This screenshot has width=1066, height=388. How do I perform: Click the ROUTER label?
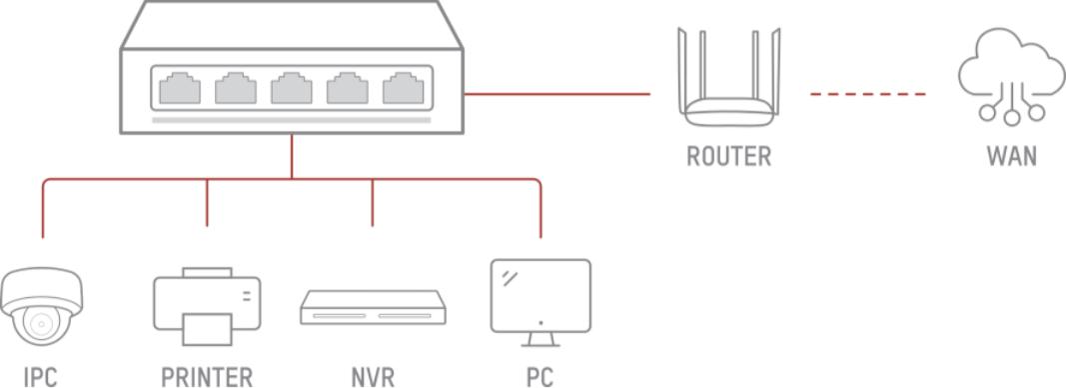(x=728, y=157)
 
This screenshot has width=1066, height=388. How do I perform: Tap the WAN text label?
(x=1012, y=157)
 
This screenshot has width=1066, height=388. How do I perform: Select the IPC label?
(x=40, y=376)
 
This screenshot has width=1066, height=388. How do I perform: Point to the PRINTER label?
(x=207, y=376)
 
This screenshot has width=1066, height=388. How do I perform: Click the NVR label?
(x=373, y=376)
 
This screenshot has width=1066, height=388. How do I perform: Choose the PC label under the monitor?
(x=540, y=376)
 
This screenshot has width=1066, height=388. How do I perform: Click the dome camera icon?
(x=42, y=307)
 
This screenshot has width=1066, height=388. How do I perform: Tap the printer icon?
(x=207, y=306)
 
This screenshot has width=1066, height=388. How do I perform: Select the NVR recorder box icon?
(x=374, y=308)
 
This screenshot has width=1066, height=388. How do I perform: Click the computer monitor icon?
(x=540, y=303)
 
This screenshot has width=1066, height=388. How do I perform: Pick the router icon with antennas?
(x=728, y=78)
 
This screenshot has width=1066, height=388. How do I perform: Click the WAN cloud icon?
(x=1012, y=76)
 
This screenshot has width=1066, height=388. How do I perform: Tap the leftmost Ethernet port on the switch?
(x=180, y=88)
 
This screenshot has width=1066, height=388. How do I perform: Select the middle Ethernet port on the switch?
(x=291, y=88)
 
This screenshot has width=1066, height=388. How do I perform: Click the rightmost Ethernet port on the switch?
(x=404, y=88)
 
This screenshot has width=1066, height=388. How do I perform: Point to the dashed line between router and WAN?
(x=868, y=94)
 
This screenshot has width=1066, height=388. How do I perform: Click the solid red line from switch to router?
(x=556, y=94)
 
